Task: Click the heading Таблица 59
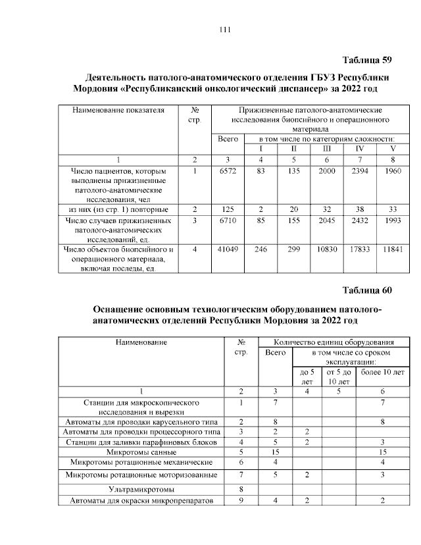click(368, 61)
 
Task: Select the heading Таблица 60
click(368, 290)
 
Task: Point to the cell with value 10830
click(327, 249)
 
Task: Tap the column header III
click(327, 149)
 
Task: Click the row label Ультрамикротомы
click(141, 489)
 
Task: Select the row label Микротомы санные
click(141, 452)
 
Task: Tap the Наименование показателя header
click(118, 110)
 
